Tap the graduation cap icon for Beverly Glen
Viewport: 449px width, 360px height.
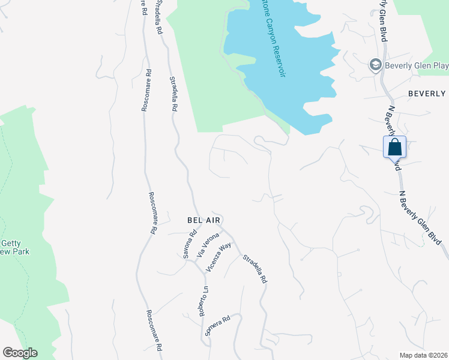tap(376, 64)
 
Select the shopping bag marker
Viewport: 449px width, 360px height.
tap(395, 147)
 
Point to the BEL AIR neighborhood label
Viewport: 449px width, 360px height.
tap(204, 220)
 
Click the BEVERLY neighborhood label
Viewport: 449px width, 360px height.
tap(427, 94)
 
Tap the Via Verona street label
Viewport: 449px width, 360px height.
tap(206, 247)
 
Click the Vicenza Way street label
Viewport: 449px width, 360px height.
tap(218, 257)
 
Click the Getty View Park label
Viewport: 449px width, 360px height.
tap(14, 247)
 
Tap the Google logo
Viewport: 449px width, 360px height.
tap(20, 353)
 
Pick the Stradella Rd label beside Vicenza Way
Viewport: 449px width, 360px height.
tap(255, 269)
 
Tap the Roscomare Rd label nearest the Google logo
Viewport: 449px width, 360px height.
tap(154, 331)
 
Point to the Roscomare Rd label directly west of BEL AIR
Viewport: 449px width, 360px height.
tap(152, 213)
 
